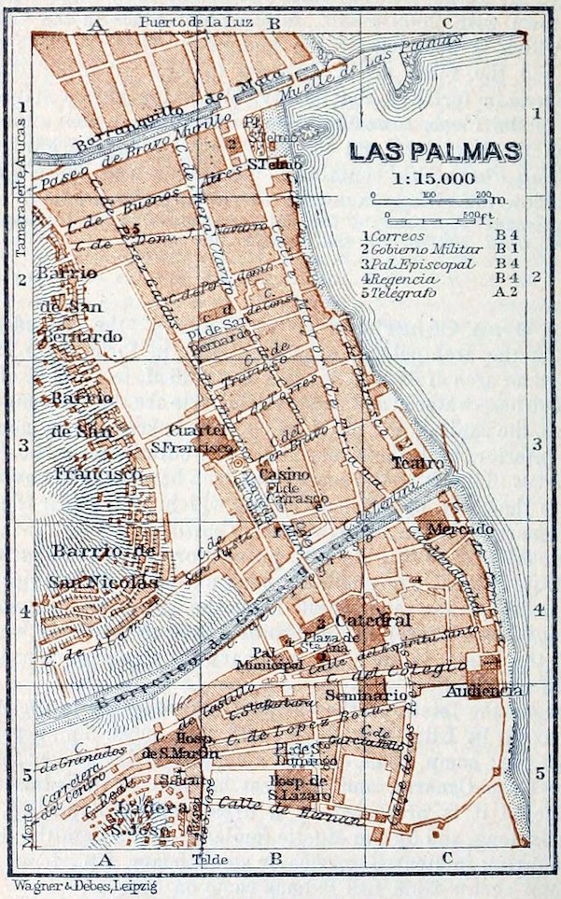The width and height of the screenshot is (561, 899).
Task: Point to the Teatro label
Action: pyautogui.click(x=411, y=462)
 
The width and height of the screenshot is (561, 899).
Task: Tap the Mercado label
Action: pyautogui.click(x=460, y=529)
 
